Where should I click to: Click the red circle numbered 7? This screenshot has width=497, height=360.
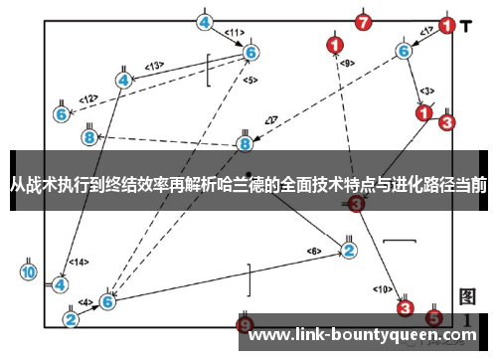click(x=364, y=22)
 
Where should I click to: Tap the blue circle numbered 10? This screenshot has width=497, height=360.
click(x=29, y=270)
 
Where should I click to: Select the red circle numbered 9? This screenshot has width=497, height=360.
click(x=246, y=323)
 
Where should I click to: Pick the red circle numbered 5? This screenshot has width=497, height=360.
click(x=433, y=318)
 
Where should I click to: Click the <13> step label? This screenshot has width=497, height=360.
click(x=154, y=66)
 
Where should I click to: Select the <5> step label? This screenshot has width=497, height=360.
click(x=250, y=80)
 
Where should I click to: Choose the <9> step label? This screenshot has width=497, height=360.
click(x=346, y=64)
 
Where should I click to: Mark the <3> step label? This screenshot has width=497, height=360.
click(x=426, y=91)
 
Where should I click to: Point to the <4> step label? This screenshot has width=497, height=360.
click(x=86, y=302)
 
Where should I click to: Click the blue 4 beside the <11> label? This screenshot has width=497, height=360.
click(x=205, y=22)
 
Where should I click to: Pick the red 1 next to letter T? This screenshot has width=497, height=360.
click(x=447, y=27)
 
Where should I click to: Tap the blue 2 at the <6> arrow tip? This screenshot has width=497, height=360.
click(x=349, y=250)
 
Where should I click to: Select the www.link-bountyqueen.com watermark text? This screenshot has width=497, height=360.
click(x=362, y=337)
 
